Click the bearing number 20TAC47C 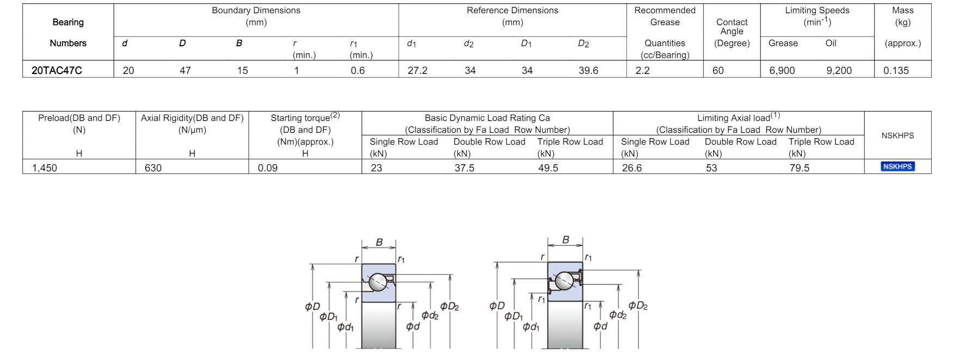(x=57, y=71)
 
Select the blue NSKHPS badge (x=897, y=166)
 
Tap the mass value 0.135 (x=896, y=71)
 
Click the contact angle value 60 (x=718, y=71)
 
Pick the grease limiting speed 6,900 (x=782, y=71)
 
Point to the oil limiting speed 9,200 (x=839, y=71)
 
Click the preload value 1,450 (x=45, y=168)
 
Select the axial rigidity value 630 (x=153, y=168)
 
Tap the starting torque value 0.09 (x=268, y=168)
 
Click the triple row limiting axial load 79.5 (x=799, y=168)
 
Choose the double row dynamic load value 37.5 (x=464, y=168)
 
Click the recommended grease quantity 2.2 (x=642, y=71)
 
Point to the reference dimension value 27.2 (x=417, y=71)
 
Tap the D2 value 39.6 (x=588, y=71)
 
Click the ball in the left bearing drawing (x=377, y=282)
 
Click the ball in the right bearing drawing (x=563, y=281)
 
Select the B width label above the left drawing (x=379, y=243)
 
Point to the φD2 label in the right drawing (x=637, y=306)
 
